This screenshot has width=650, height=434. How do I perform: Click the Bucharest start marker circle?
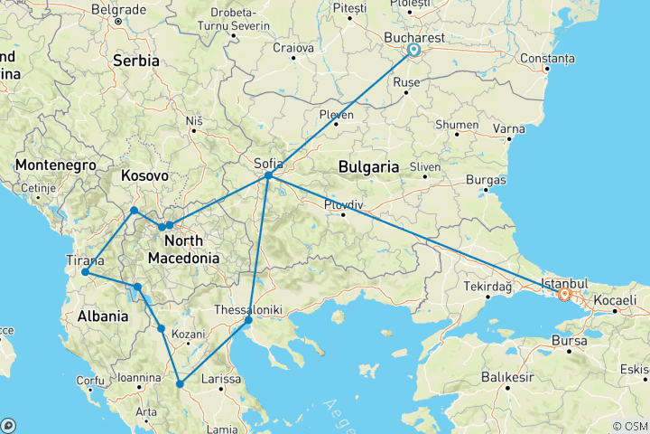(x=413, y=51)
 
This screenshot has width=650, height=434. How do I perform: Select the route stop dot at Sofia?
(x=269, y=175)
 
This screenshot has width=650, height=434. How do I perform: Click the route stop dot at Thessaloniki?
(x=248, y=320)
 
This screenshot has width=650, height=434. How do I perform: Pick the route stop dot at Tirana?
(x=85, y=271)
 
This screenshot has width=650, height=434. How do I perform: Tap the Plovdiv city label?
(x=343, y=203)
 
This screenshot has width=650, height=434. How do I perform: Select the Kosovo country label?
(x=144, y=175)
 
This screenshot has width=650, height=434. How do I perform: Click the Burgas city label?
(x=487, y=180)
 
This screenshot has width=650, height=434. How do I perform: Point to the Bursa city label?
(x=571, y=342)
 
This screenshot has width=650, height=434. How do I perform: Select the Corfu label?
(x=90, y=381)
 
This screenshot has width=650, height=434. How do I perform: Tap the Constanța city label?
(x=546, y=59)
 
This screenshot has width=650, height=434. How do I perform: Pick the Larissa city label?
(x=221, y=380)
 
